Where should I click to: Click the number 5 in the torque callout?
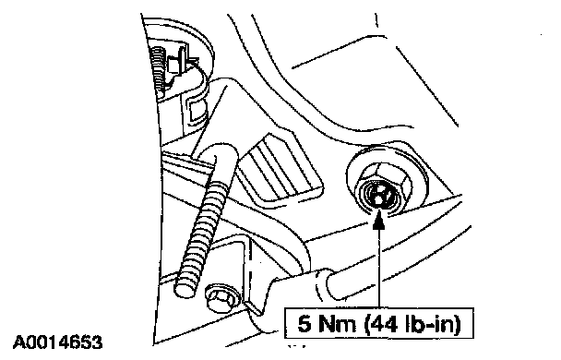pos(304,324)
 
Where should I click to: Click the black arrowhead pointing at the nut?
pos(378,220)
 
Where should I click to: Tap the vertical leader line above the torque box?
pos(378,269)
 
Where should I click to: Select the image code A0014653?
pos(57,342)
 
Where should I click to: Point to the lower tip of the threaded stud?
pos(184,291)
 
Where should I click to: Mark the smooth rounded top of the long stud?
pos(221,150)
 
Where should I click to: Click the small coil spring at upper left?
pos(158,70)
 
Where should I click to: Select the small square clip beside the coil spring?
pos(173,66)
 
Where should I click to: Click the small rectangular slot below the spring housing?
pos(197,110)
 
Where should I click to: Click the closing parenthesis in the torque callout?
pos(457,324)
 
